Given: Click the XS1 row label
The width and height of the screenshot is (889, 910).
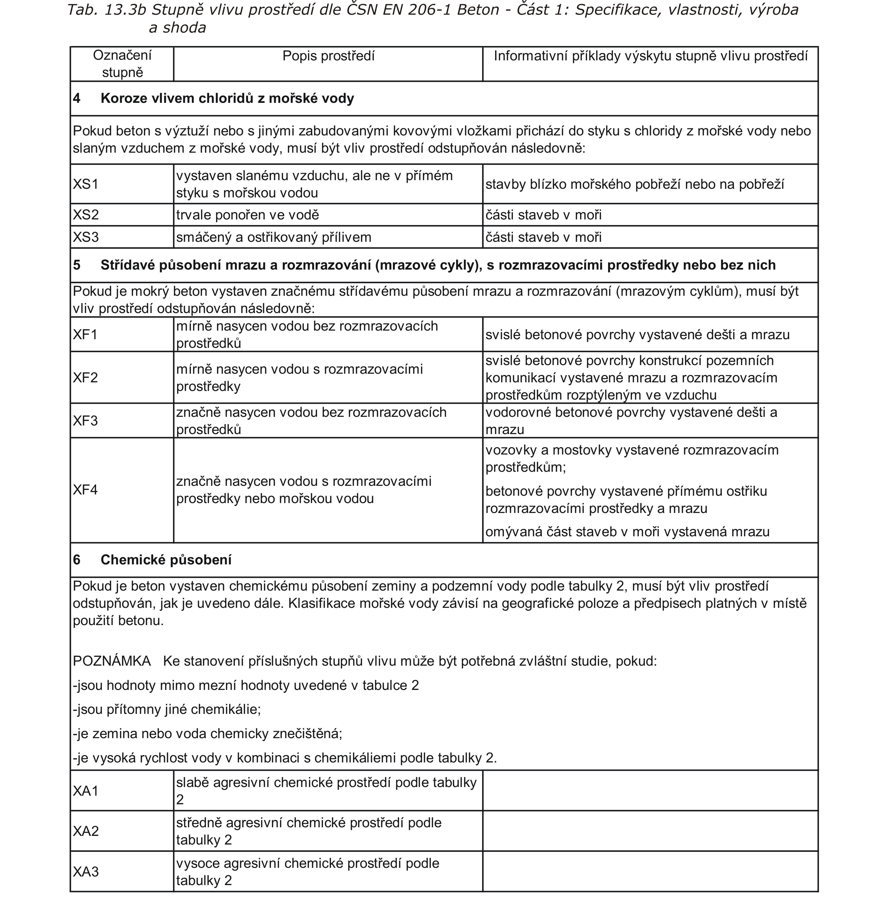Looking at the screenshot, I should [x=86, y=184].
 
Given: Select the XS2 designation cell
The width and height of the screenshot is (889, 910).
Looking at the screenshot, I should [x=86, y=215].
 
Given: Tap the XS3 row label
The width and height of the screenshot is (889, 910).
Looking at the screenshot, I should [x=86, y=237].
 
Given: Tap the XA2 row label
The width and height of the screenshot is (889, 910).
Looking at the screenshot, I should [x=86, y=831].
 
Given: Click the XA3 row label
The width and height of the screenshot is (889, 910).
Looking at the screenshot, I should [x=86, y=872].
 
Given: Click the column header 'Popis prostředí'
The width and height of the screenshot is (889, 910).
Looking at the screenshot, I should [x=328, y=56].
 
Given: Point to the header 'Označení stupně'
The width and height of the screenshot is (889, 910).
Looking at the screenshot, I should [x=122, y=64].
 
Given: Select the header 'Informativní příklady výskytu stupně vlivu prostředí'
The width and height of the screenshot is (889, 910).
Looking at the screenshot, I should [x=651, y=56].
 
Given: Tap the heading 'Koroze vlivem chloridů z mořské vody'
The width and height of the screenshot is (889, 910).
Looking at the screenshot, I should [x=227, y=99].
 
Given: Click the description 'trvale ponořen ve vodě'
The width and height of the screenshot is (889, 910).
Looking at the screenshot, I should [x=247, y=215].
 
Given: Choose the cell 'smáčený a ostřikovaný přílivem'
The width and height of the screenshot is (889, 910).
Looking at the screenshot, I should [x=274, y=237].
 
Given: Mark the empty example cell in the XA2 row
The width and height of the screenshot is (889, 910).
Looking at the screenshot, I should [x=651, y=831].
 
